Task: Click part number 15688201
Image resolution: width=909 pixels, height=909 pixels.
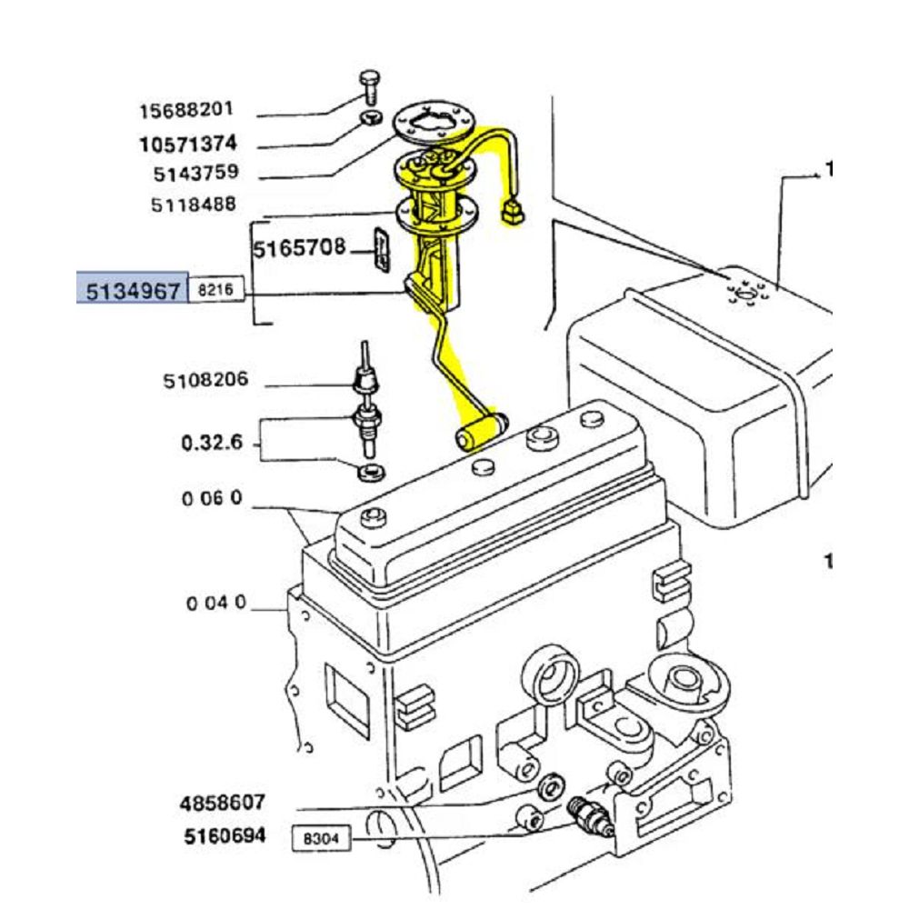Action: click(x=186, y=110)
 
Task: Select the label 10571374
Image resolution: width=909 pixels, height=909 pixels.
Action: click(x=188, y=144)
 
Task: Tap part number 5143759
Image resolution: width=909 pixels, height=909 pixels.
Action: click(x=196, y=173)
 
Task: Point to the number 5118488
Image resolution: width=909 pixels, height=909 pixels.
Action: click(x=194, y=204)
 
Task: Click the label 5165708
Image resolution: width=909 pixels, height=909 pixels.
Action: click(x=300, y=248)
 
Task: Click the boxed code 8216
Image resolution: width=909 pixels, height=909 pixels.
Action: click(x=215, y=289)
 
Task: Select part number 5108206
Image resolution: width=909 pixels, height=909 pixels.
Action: click(x=205, y=380)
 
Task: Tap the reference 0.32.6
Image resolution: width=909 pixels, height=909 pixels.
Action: click(x=212, y=443)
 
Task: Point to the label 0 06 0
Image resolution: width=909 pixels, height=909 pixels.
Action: click(x=212, y=498)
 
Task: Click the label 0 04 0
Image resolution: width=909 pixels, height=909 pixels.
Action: click(x=216, y=603)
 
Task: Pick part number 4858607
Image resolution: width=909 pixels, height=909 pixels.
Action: click(x=223, y=803)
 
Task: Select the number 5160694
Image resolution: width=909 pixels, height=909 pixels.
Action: click(x=225, y=836)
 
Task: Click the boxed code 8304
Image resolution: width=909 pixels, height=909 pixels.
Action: click(x=321, y=838)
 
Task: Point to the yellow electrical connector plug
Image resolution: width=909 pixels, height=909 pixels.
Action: click(x=513, y=212)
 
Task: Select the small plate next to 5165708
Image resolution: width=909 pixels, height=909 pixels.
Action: click(x=382, y=249)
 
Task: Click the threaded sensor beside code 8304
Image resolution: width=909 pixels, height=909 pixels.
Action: click(x=590, y=816)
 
